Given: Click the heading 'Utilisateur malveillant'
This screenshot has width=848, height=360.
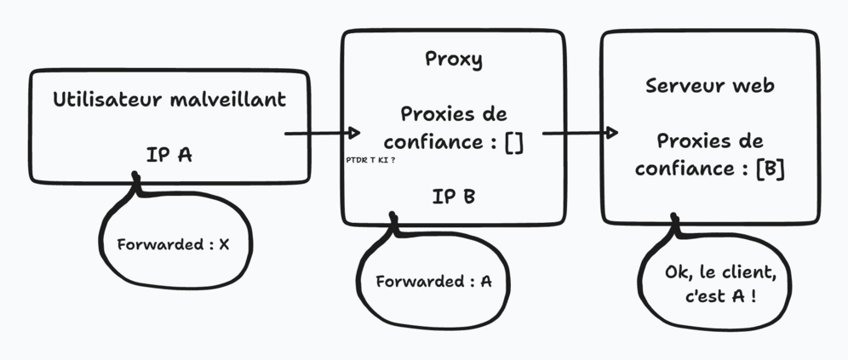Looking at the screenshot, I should tap(169, 100).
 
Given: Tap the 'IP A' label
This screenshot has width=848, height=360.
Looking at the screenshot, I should tap(169, 155).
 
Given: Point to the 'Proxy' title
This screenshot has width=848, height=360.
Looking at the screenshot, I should tap(453, 60).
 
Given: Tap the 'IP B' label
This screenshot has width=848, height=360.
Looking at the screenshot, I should tap(453, 197).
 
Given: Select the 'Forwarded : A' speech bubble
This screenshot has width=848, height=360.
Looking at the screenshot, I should tap(434, 282).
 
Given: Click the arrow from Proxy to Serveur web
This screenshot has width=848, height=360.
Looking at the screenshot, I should tap(580, 134).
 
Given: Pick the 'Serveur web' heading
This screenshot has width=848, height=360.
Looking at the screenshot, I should tap(709, 86).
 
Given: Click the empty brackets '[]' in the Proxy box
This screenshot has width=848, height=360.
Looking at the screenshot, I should tap(513, 142).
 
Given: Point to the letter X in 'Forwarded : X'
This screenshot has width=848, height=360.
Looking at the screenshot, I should tap(224, 244).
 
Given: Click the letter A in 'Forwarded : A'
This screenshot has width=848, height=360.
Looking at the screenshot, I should tap(485, 282).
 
